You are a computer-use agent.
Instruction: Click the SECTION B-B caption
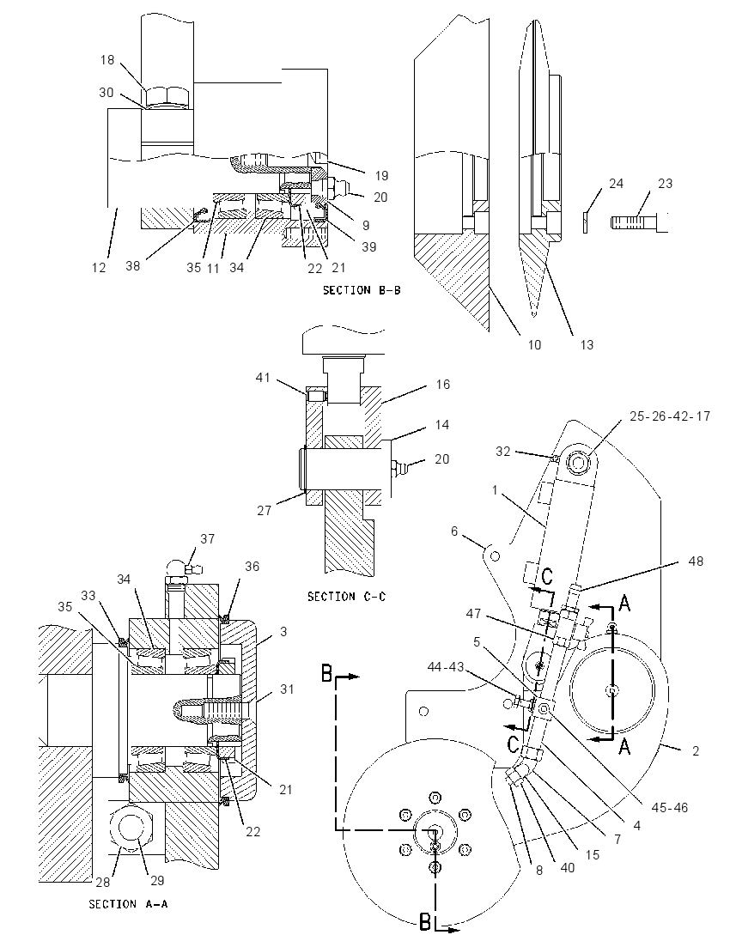click(x=362, y=290)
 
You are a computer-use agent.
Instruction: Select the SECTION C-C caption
click(x=346, y=597)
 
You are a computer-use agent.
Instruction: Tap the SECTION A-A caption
click(x=128, y=904)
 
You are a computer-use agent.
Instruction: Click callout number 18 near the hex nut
click(x=106, y=60)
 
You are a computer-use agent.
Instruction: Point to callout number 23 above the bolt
click(x=666, y=184)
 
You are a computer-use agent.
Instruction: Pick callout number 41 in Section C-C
click(x=263, y=378)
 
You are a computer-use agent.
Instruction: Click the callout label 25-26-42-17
click(x=670, y=416)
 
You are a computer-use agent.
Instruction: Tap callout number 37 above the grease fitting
click(x=208, y=539)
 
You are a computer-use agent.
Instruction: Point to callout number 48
click(x=695, y=562)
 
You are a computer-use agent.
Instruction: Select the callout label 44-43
click(x=446, y=667)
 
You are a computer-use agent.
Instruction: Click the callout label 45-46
click(x=670, y=807)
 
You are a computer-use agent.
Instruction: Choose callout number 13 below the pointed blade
click(x=587, y=344)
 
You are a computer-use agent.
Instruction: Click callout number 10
click(x=534, y=344)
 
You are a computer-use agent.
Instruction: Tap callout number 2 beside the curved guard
click(x=696, y=750)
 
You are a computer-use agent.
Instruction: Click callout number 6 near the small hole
click(x=454, y=531)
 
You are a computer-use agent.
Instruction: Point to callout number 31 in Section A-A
click(x=288, y=689)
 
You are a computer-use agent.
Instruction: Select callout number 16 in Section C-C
click(x=442, y=385)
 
